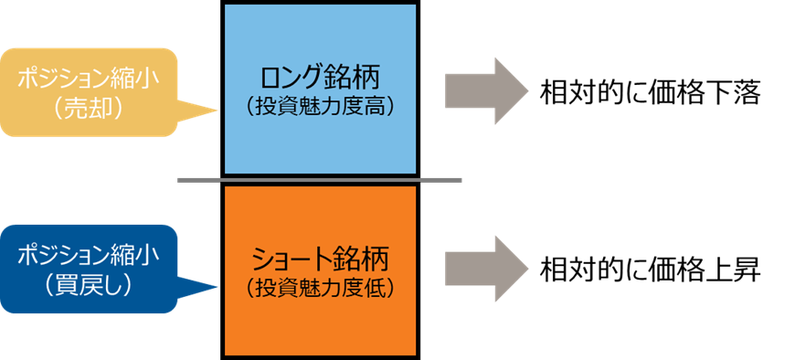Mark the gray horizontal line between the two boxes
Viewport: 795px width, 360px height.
click(x=320, y=179)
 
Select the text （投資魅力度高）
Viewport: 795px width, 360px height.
click(x=320, y=106)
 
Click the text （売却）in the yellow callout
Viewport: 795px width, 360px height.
click(x=89, y=108)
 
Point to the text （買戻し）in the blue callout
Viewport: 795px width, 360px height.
click(x=89, y=285)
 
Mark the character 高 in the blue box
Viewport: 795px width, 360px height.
click(x=376, y=106)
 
